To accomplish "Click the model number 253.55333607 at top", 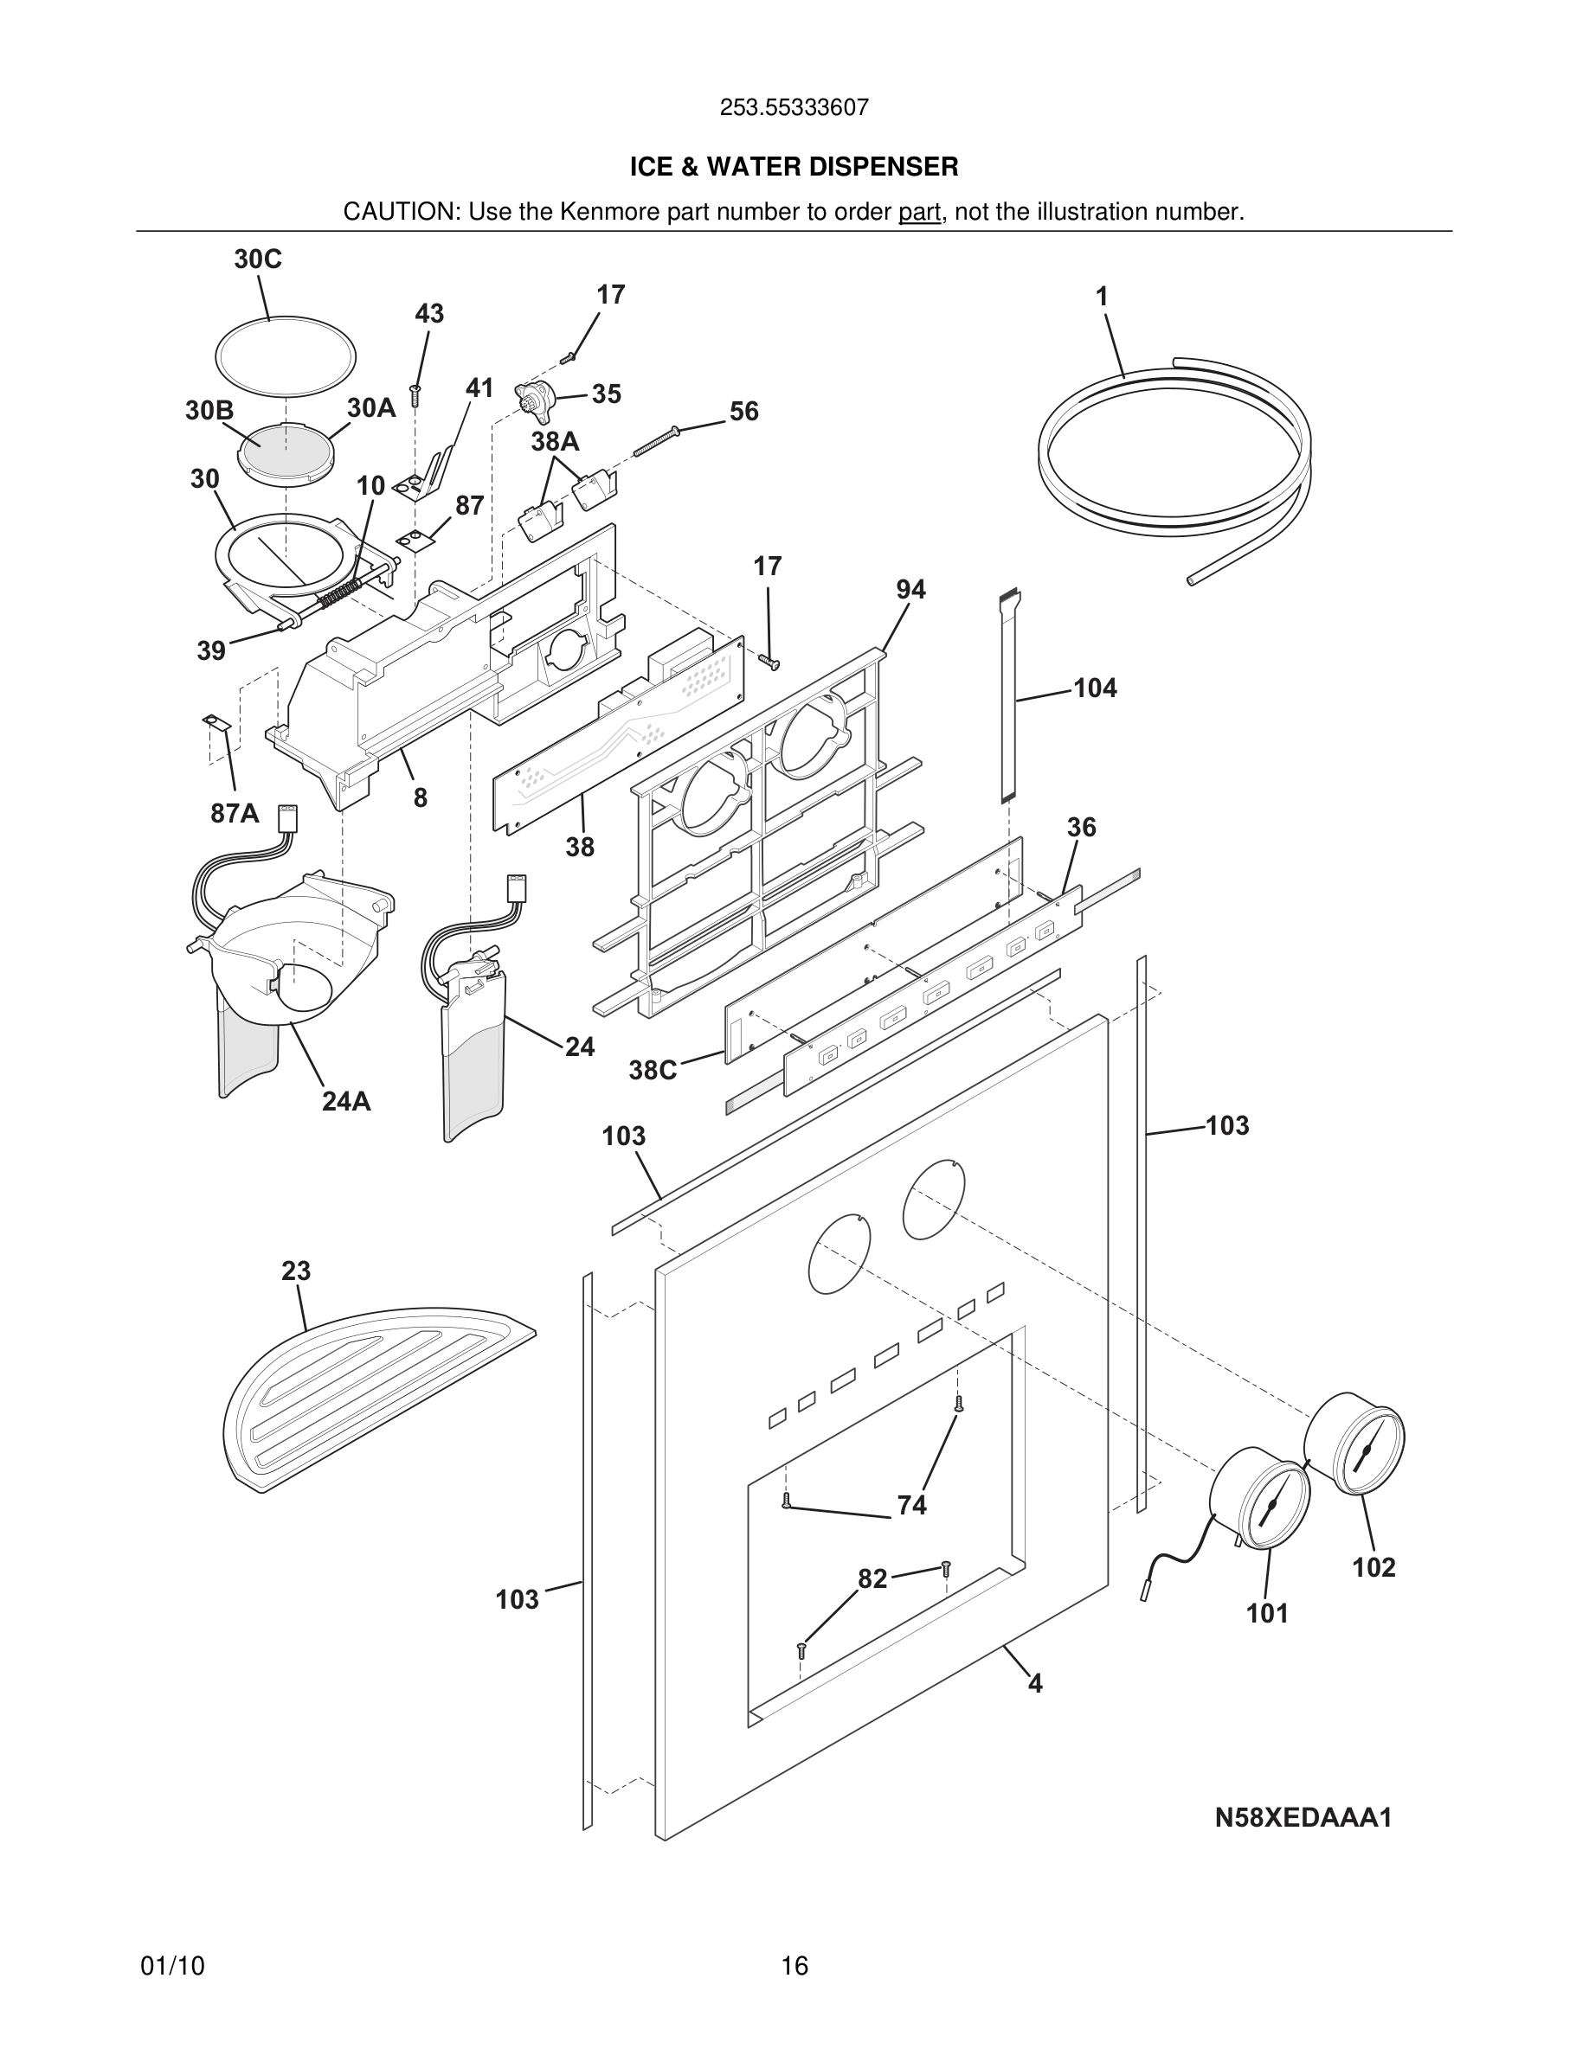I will (794, 108).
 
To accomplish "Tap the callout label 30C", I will (258, 259).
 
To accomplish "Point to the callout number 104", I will (1095, 688).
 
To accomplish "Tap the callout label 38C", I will (653, 1071).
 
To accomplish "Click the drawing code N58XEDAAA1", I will (1303, 1817).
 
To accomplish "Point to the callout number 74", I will (911, 1506).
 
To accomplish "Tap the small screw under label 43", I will (415, 394).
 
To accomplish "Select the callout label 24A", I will (346, 1101).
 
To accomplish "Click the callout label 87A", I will (235, 814).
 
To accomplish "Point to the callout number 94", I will (910, 590).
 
